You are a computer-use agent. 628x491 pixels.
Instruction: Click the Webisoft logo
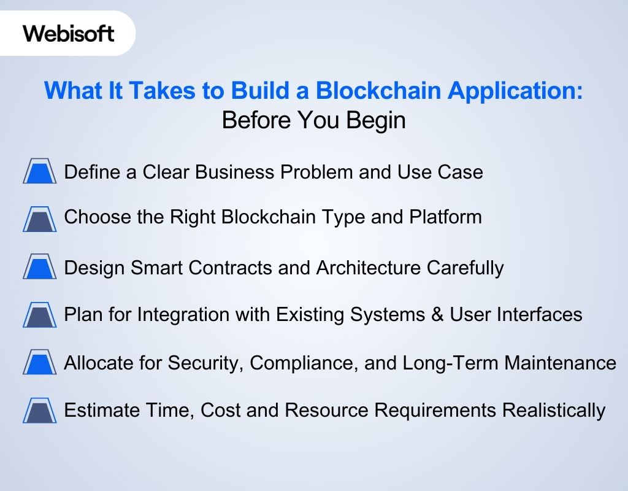tap(69, 33)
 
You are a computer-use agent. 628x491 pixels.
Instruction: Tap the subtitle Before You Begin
tap(313, 120)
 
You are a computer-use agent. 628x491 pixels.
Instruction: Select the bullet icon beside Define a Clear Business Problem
tap(40, 171)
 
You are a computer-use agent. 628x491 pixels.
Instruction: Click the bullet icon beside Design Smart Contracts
tap(40, 268)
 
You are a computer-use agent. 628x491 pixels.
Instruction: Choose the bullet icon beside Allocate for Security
tap(40, 363)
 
